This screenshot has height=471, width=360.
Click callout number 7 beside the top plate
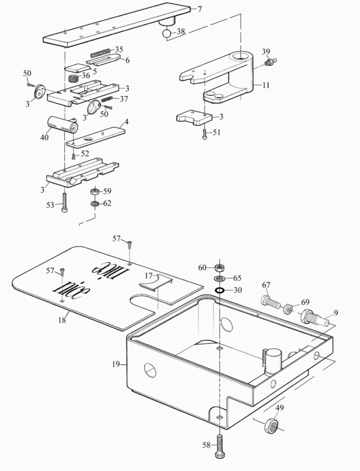[x=200, y=9]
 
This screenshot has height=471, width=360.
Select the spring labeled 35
[x=101, y=53]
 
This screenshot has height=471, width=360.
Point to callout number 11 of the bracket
[x=266, y=85]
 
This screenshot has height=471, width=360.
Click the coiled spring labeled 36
[x=74, y=79]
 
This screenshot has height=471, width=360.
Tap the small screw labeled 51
[x=205, y=135]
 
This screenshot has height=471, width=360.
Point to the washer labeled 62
[x=95, y=204]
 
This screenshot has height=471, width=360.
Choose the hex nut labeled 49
[x=271, y=425]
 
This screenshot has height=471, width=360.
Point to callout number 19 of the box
[x=116, y=364]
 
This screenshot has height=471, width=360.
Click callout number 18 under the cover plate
[x=62, y=320]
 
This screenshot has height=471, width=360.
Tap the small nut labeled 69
[x=289, y=309]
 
